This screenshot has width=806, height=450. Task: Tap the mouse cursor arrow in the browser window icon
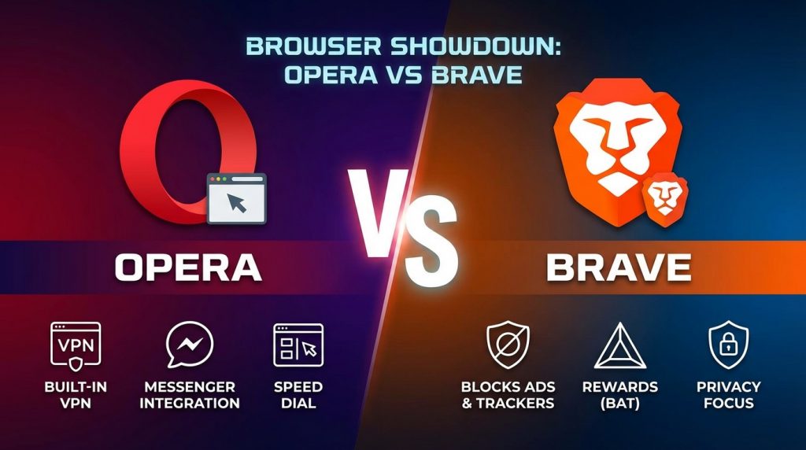(x=235, y=204)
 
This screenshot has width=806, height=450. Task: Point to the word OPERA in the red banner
(x=188, y=267)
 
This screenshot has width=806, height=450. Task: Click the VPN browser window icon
(x=76, y=344)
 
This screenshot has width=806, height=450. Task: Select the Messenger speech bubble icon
(x=189, y=345)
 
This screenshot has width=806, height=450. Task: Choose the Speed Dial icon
(x=298, y=345)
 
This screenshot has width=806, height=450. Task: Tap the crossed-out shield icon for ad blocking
(x=508, y=345)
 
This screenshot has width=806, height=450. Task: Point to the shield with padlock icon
(x=728, y=345)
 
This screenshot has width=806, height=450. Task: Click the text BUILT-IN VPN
(x=76, y=395)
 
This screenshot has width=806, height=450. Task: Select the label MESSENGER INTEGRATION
(x=189, y=395)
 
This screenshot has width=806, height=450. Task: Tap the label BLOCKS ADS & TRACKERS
(x=508, y=395)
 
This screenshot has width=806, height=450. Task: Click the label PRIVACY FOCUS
(x=728, y=395)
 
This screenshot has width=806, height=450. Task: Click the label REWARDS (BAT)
(x=619, y=395)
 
